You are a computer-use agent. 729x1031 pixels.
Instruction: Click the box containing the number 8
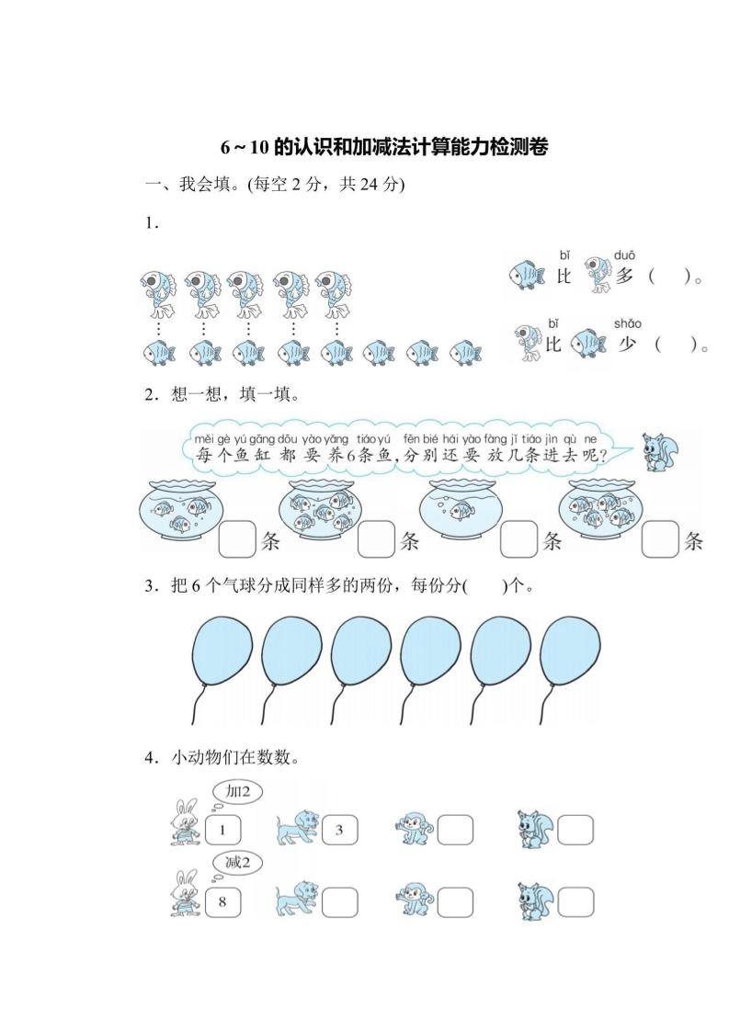point(222,901)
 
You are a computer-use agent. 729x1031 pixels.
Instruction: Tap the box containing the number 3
point(339,831)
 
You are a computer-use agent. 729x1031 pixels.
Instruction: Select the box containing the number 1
point(222,831)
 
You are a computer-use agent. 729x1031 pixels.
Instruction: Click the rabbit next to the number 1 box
point(185,821)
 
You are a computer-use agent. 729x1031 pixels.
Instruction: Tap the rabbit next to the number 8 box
point(185,893)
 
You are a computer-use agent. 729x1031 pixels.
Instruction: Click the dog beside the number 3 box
point(297,827)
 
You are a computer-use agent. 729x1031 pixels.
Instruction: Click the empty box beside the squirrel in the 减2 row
point(575,901)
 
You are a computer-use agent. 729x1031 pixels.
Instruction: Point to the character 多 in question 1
point(625,275)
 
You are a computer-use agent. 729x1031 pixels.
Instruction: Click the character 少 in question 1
point(626,345)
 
